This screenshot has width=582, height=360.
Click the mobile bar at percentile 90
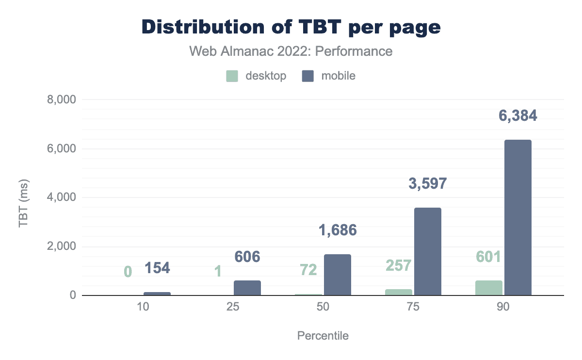[518, 217]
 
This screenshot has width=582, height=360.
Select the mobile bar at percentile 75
[428, 251]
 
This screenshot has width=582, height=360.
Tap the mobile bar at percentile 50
[338, 275]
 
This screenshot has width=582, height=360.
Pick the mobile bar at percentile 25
[247, 288]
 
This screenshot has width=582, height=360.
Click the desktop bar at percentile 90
[489, 288]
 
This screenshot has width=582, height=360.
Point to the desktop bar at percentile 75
[399, 292]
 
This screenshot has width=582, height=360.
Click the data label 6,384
[518, 116]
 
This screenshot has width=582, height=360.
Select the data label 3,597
[428, 184]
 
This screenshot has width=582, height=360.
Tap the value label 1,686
[338, 230]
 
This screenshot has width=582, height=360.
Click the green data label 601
[488, 257]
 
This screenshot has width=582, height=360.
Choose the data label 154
[158, 267]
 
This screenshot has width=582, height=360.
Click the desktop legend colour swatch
[232, 76]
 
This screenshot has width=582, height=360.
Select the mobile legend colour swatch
[307, 76]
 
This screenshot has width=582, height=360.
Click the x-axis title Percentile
[323, 336]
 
